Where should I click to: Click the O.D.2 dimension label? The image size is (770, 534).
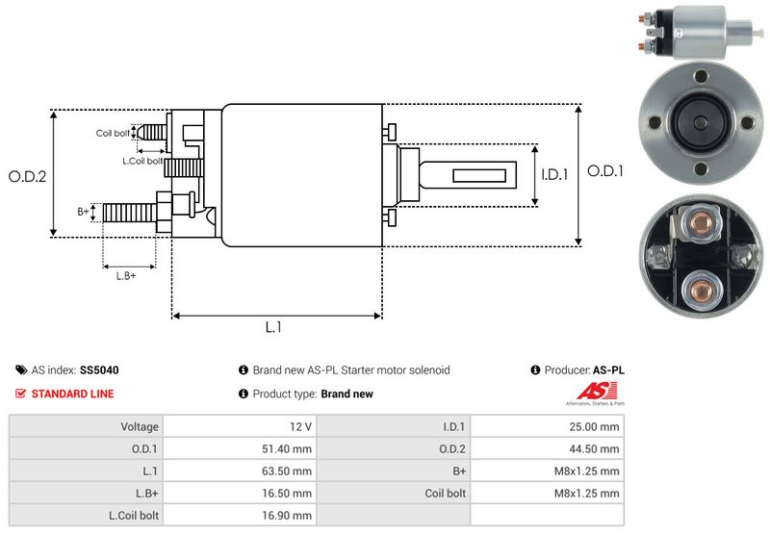(28, 176)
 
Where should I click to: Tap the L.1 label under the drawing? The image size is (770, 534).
(273, 327)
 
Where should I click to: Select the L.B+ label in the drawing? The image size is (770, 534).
(126, 276)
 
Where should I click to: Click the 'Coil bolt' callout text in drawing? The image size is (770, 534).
(113, 133)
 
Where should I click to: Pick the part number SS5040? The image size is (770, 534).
(99, 369)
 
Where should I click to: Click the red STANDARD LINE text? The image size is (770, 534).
(72, 394)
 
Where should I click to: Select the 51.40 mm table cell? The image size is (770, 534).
(289, 448)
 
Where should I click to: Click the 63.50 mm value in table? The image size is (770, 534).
(289, 470)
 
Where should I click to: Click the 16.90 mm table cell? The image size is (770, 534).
(289, 515)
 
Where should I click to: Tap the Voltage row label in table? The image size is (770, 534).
(140, 426)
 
